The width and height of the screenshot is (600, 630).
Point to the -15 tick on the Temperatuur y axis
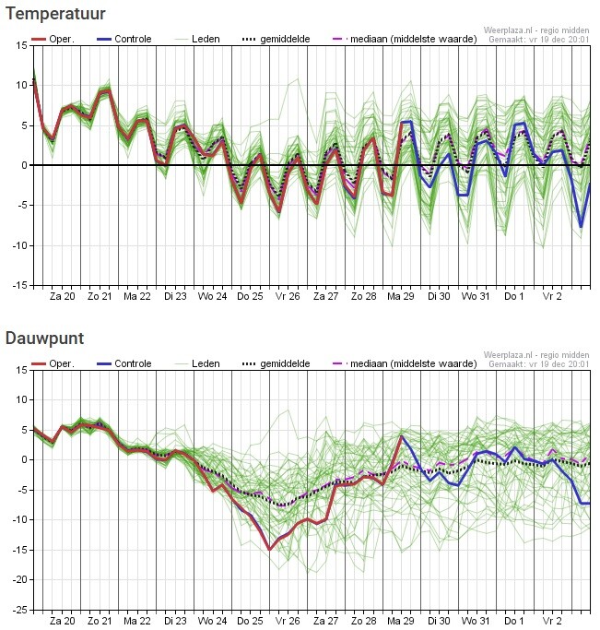tap(19, 285)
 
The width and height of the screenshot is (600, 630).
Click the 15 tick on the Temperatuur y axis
tap(21, 45)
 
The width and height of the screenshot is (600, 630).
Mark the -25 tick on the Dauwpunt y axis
tap(19, 610)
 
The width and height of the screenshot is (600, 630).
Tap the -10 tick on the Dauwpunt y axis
tap(19, 519)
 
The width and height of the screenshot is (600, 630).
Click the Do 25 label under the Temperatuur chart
tap(249, 297)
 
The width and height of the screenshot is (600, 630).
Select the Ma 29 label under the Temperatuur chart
tap(401, 297)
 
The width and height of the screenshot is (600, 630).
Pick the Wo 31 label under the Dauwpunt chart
tap(476, 622)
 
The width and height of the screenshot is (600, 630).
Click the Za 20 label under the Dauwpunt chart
tap(62, 622)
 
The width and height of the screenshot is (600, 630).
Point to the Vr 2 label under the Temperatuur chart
tap(552, 297)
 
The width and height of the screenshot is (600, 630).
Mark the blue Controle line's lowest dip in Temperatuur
tap(581, 226)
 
